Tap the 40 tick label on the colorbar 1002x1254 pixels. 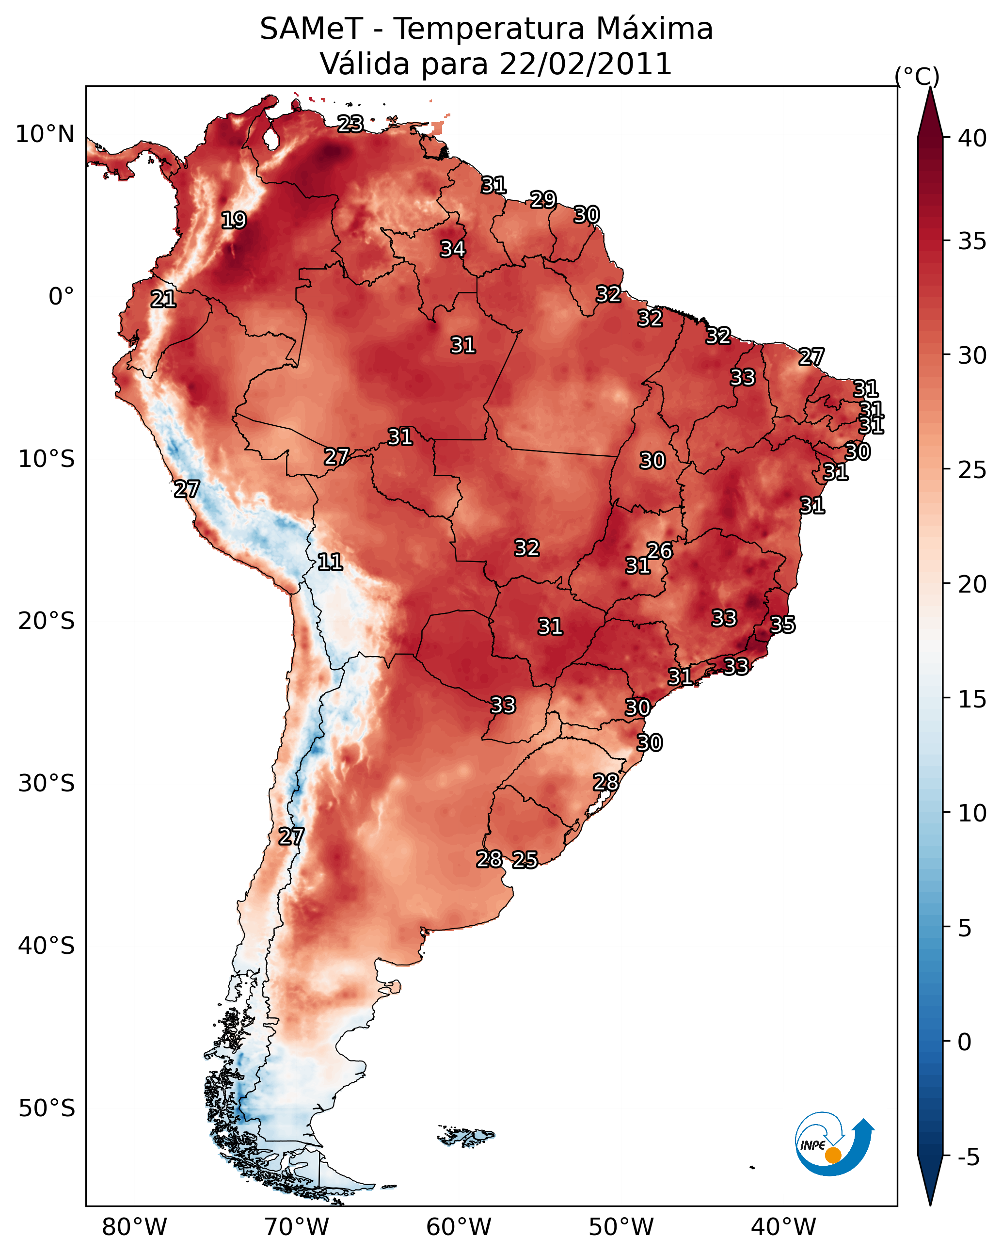(972, 138)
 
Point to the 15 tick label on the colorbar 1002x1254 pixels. (972, 699)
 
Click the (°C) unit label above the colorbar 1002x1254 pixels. (917, 76)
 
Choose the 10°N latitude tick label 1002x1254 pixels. (45, 134)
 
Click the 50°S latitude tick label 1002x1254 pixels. (47, 1109)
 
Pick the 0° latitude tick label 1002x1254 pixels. (62, 297)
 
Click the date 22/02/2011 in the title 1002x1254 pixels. (586, 64)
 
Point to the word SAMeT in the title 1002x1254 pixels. (311, 29)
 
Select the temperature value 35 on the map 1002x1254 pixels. (782, 625)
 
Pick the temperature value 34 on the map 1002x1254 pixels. (452, 249)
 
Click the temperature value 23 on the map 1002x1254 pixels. (350, 124)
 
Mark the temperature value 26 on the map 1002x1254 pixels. (659, 551)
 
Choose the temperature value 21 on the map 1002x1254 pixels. (163, 300)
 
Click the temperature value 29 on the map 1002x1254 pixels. (543, 199)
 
